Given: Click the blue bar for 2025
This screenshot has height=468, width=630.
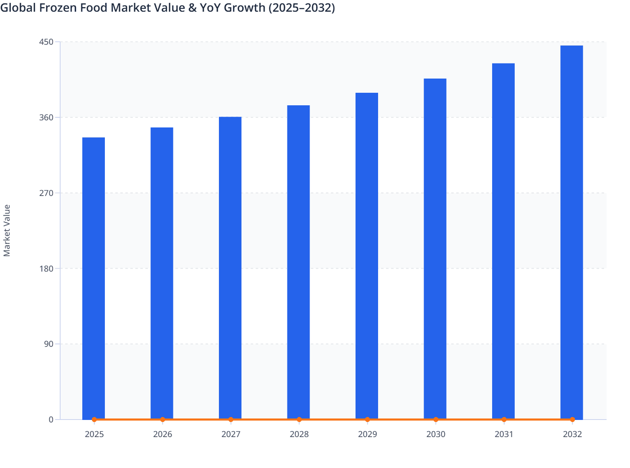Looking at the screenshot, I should pyautogui.click(x=94, y=278).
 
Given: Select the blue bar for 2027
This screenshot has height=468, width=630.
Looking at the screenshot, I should pyautogui.click(x=230, y=267).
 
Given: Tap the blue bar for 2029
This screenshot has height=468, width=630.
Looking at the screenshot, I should pyautogui.click(x=367, y=256).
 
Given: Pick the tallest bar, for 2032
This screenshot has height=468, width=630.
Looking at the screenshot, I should pyautogui.click(x=572, y=232).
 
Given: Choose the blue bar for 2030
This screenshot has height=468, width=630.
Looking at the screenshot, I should pyautogui.click(x=435, y=249).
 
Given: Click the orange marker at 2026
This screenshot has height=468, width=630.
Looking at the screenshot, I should pyautogui.click(x=163, y=420).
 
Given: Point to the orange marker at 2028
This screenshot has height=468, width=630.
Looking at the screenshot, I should pyautogui.click(x=299, y=420).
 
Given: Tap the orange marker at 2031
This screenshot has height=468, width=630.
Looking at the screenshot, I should pyautogui.click(x=504, y=420).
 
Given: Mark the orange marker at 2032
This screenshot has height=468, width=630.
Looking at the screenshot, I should pyautogui.click(x=572, y=420).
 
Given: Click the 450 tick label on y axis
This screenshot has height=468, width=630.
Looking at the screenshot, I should pyautogui.click(x=46, y=42).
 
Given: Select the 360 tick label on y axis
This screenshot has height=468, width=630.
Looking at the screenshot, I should pyautogui.click(x=46, y=117).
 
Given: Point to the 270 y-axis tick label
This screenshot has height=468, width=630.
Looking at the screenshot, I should pyautogui.click(x=46, y=193).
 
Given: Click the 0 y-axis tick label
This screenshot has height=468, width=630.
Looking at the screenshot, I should pyautogui.click(x=51, y=420).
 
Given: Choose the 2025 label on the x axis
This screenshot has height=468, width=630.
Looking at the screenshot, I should pyautogui.click(x=94, y=434).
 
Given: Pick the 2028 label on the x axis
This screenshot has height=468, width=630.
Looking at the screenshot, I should pyautogui.click(x=299, y=434).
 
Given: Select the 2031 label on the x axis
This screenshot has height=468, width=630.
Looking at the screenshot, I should pyautogui.click(x=504, y=434).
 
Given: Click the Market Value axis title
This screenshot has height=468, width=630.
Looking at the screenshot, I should pyautogui.click(x=7, y=230).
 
